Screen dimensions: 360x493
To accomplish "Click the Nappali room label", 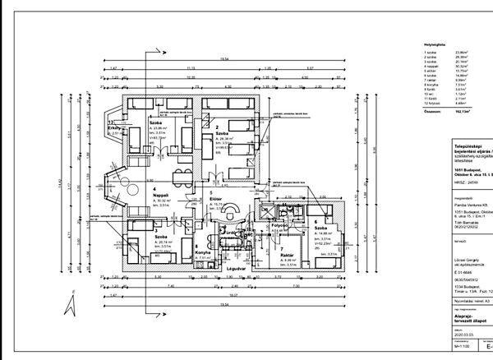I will click(162, 195).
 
